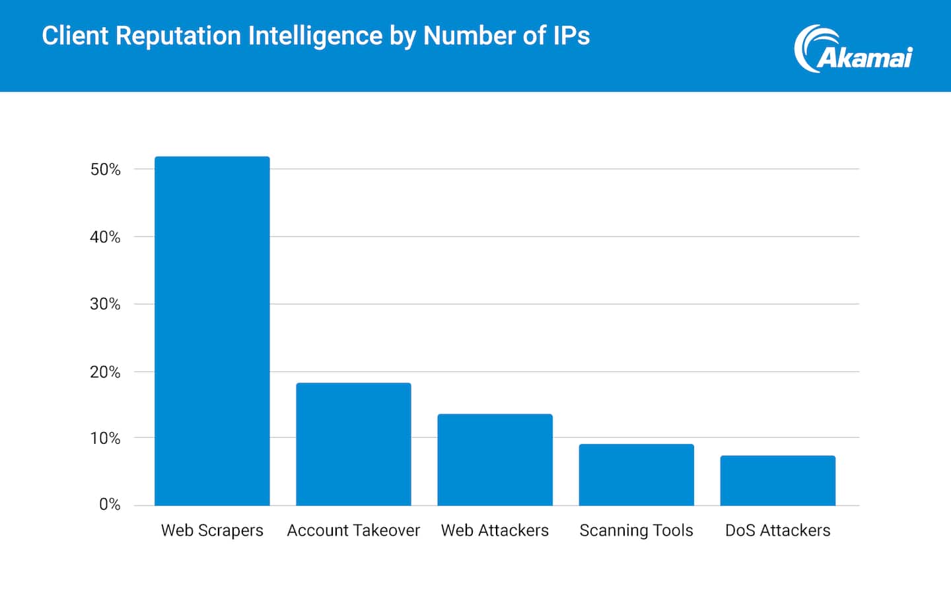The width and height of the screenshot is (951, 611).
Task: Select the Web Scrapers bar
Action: pyautogui.click(x=212, y=331)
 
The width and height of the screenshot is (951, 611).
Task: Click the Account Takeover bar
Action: pyautogui.click(x=353, y=444)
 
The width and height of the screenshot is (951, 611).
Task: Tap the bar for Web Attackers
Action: pyautogui.click(x=495, y=460)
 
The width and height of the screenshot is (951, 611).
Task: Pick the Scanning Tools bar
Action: pyautogui.click(x=636, y=474)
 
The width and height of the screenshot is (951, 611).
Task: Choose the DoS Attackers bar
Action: pyautogui.click(x=777, y=480)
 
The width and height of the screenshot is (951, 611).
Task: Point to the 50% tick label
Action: pyautogui.click(x=106, y=170)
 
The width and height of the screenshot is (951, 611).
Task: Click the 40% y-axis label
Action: pyautogui.click(x=106, y=237)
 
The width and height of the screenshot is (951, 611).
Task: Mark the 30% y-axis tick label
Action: pyautogui.click(x=106, y=305)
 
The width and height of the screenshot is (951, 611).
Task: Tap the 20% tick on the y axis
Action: pyautogui.click(x=106, y=373)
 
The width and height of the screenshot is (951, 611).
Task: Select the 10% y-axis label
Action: pyautogui.click(x=106, y=439)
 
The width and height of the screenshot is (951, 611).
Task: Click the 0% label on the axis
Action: pyautogui.click(x=110, y=505)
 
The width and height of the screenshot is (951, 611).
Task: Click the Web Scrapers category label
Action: pyautogui.click(x=212, y=530)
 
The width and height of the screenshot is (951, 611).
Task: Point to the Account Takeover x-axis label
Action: pyautogui.click(x=353, y=530)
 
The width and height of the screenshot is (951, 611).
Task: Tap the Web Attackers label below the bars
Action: pyautogui.click(x=495, y=530)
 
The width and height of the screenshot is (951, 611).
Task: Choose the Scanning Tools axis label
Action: pyautogui.click(x=636, y=530)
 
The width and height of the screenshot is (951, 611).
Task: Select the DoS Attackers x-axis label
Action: pyautogui.click(x=777, y=530)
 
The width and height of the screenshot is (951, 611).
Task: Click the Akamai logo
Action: pyautogui.click(x=853, y=50)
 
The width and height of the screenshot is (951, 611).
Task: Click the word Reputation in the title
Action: pyautogui.click(x=178, y=36)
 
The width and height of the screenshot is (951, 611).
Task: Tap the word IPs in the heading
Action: pyautogui.click(x=571, y=36)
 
